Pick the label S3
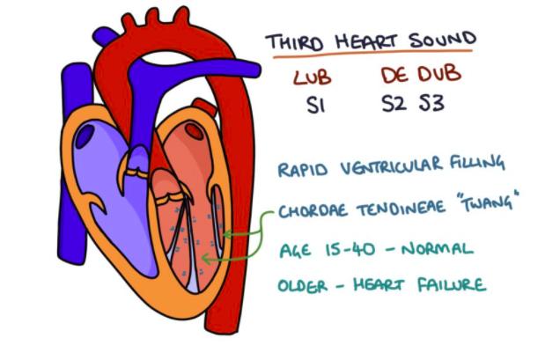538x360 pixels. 429,105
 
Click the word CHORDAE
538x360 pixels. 313,211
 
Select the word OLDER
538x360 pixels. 303,285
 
